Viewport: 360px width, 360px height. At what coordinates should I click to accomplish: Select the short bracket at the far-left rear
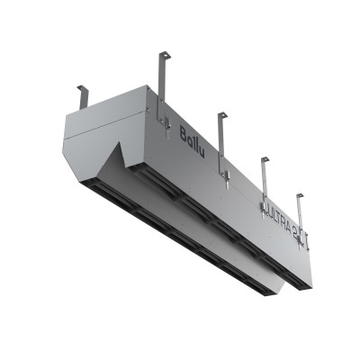pyautogui.click(x=82, y=94)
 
